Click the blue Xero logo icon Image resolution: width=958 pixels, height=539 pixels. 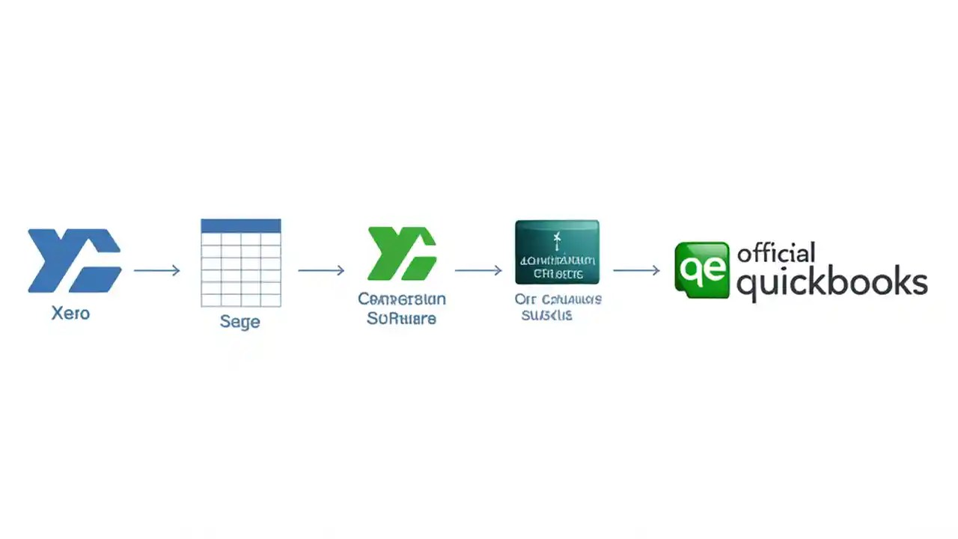pyautogui.click(x=74, y=261)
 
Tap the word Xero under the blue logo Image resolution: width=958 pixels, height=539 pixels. pyautogui.click(x=70, y=313)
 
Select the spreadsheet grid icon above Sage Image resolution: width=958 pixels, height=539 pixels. pyautogui.click(x=241, y=263)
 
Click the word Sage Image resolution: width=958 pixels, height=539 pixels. pyautogui.click(x=240, y=322)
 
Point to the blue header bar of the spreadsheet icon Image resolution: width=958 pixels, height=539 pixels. pyautogui.click(x=241, y=225)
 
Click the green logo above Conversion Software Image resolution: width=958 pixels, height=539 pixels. pyautogui.click(x=402, y=254)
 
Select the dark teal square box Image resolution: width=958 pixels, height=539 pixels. pyautogui.click(x=557, y=252)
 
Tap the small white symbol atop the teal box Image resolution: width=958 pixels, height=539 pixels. pyautogui.click(x=556, y=240)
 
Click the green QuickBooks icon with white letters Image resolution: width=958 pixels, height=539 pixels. pyautogui.click(x=701, y=270)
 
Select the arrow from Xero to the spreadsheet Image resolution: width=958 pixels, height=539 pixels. pyautogui.click(x=157, y=270)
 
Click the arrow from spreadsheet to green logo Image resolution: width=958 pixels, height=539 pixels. pyautogui.click(x=321, y=270)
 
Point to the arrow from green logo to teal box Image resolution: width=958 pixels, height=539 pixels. pyautogui.click(x=478, y=270)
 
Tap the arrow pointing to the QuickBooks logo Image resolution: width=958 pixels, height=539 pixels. pyautogui.click(x=636, y=270)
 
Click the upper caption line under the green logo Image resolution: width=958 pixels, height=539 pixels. pyautogui.click(x=402, y=299)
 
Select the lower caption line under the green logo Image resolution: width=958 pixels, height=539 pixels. pyautogui.click(x=402, y=319)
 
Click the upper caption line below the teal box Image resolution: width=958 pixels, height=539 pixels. pyautogui.click(x=558, y=299)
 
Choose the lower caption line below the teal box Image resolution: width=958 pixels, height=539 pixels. pyautogui.click(x=547, y=316)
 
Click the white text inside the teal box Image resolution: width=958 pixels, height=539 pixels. pyautogui.click(x=557, y=267)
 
